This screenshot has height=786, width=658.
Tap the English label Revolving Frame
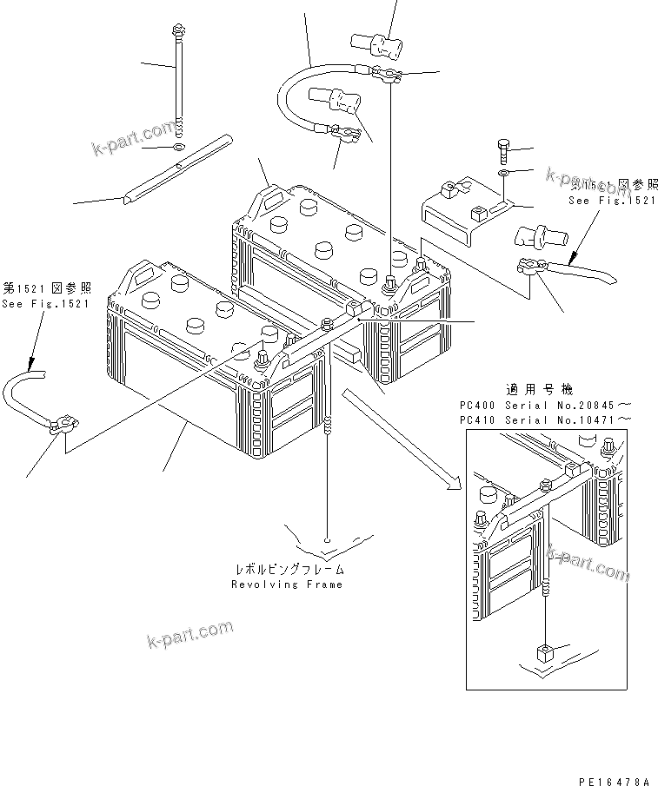click(287, 585)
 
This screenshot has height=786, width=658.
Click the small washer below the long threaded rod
click(178, 144)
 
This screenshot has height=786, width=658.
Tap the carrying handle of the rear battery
click(265, 199)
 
